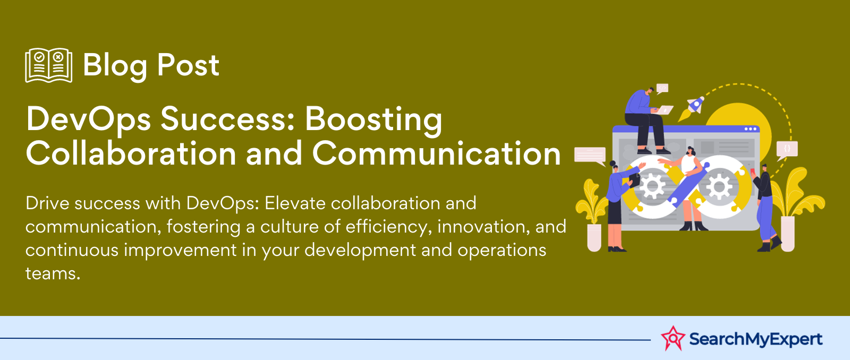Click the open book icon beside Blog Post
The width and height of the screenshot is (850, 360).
tap(48, 65)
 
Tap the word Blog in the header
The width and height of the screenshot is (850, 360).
tap(115, 66)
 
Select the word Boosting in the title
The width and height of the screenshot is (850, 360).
tap(373, 120)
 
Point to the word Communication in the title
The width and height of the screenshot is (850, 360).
tap(436, 153)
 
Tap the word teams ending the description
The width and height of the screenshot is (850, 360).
tap(53, 273)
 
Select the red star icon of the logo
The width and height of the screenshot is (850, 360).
tap(673, 338)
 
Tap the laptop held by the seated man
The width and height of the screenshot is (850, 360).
tap(664, 109)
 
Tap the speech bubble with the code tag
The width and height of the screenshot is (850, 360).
tap(662, 88)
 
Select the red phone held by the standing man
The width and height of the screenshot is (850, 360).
tap(753, 172)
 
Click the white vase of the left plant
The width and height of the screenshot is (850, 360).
tap(594, 237)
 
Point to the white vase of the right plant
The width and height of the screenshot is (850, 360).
tap(788, 234)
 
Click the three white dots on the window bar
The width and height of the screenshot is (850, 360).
tap(750, 129)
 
